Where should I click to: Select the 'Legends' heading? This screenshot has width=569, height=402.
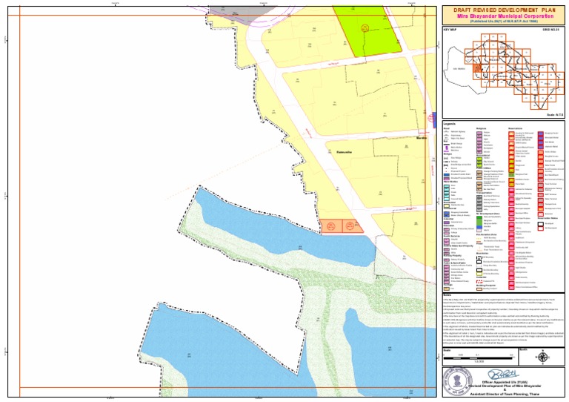coord(450,122)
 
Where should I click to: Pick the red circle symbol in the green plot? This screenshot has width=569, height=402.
coord(364,28)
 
